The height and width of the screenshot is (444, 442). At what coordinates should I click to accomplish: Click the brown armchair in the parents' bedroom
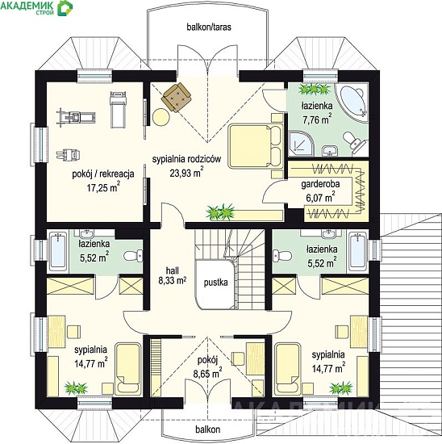coord(176,97)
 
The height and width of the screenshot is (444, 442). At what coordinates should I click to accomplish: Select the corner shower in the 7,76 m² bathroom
coord(301,143)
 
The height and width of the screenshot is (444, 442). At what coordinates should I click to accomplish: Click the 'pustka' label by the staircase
coord(216,283)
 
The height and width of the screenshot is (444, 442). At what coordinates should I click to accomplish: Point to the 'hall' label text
coord(173,270)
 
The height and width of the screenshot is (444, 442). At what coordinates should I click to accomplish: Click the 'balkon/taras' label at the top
coord(209,27)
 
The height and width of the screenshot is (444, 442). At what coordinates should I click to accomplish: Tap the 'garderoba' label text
coord(320,184)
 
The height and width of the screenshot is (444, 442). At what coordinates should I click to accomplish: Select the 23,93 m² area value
coord(187,173)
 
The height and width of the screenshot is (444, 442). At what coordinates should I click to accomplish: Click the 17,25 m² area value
coord(103,188)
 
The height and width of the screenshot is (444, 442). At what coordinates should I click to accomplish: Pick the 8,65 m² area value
coord(207,374)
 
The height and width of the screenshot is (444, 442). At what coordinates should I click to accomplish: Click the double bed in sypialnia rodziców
coord(256,146)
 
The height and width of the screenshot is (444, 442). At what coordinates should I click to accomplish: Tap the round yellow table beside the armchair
coord(161,118)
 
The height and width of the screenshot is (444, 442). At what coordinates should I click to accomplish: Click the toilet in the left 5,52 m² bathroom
coord(133,256)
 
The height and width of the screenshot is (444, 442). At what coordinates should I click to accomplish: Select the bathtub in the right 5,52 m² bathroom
coord(357,251)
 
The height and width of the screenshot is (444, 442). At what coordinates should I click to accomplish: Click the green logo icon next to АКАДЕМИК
coord(65,7)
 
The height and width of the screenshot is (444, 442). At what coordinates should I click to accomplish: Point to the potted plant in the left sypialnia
coord(76,388)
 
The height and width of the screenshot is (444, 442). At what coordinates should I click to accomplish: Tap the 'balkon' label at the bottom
coord(208,429)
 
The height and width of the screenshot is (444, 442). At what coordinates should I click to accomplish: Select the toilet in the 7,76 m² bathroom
coord(354,141)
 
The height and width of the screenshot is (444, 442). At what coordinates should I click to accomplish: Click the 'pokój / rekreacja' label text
coord(103,174)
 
